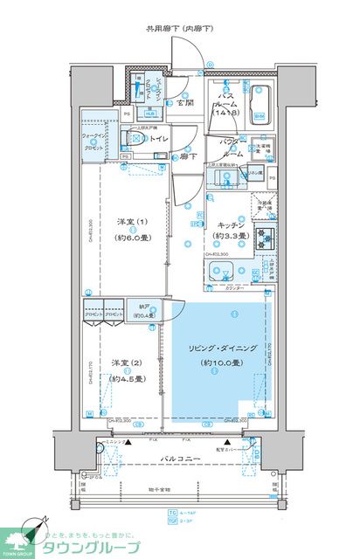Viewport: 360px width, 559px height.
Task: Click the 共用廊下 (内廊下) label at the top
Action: click(x=180, y=29)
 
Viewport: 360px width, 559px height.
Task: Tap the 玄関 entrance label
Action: click(x=185, y=104)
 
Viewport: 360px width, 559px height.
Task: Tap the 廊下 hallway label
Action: click(x=185, y=157)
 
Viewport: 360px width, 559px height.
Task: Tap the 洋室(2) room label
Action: click(x=120, y=364)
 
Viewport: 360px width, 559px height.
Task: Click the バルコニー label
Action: click(x=180, y=458)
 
